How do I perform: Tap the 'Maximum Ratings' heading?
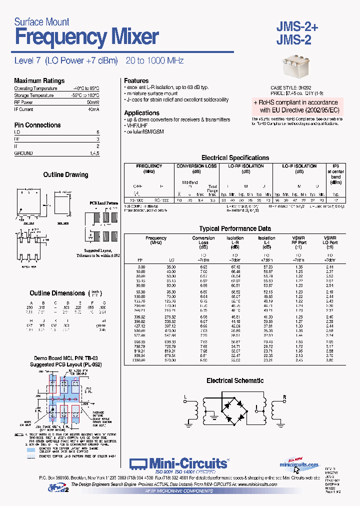(x=39, y=81)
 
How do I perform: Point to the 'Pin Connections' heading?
(x=37, y=125)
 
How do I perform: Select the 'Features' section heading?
(x=136, y=80)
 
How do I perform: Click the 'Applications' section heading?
(x=141, y=113)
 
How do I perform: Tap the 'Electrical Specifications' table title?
(x=235, y=157)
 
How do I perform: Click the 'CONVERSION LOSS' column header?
(x=196, y=166)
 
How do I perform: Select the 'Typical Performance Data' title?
(x=234, y=229)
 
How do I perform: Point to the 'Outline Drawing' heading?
(x=65, y=175)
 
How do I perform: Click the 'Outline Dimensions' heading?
(x=57, y=293)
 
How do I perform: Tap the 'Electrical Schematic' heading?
(x=234, y=381)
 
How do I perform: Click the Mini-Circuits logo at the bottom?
(x=179, y=463)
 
